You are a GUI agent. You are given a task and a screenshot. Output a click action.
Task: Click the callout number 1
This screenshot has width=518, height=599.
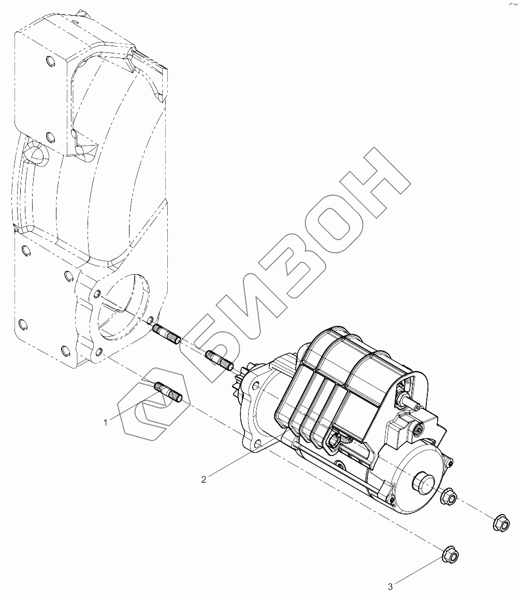point(106,422)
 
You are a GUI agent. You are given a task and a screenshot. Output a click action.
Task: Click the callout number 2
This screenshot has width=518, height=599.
point(204,479)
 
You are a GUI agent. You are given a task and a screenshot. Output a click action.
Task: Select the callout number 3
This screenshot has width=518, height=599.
point(390,587)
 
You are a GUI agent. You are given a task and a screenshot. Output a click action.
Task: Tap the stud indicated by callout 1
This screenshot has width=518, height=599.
point(168,392)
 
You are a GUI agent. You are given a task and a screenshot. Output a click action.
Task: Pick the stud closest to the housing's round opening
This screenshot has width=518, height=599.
point(167,334)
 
